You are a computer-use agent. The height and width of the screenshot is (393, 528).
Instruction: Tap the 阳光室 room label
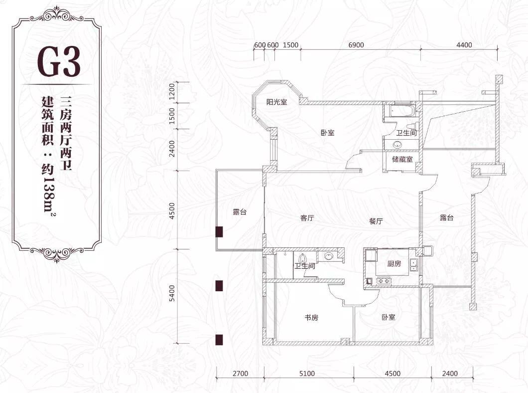(277, 102)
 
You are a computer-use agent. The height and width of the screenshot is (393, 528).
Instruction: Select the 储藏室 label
(402, 159)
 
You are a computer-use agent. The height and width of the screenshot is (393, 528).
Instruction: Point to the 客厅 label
(307, 218)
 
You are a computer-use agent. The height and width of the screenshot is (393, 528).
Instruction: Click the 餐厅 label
(376, 221)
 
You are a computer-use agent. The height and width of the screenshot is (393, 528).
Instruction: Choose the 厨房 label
(394, 263)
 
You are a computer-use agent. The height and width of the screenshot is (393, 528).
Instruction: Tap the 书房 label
(311, 317)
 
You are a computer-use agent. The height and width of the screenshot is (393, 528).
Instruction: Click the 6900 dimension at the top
(356, 45)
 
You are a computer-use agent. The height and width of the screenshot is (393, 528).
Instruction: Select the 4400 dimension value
(464, 45)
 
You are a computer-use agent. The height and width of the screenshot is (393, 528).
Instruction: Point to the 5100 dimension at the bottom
(307, 373)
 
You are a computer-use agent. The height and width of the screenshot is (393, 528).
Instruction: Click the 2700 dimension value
(240, 373)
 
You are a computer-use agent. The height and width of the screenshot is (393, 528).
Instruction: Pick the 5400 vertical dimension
(172, 293)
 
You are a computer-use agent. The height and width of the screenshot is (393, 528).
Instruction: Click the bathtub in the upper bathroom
(400, 112)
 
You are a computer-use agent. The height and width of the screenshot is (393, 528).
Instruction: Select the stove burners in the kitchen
(383, 280)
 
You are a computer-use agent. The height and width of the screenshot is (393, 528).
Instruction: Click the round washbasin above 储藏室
(397, 145)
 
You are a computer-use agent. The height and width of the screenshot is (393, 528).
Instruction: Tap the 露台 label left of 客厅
(240, 212)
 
